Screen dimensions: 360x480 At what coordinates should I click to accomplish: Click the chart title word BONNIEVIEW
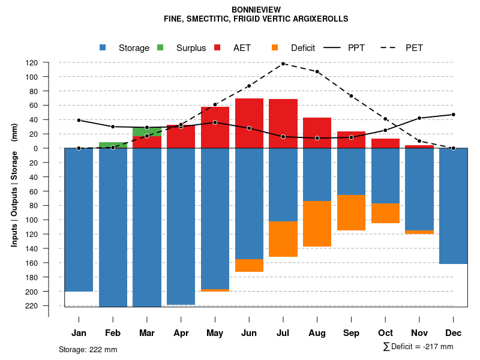[256, 10]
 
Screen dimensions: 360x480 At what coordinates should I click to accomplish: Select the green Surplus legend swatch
[160, 48]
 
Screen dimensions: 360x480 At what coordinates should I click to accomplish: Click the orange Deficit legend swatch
[275, 48]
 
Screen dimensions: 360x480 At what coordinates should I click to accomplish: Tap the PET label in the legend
[414, 48]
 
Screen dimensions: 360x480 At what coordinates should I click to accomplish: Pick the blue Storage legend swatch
[103, 48]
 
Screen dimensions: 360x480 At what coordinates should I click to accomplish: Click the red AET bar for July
[283, 123]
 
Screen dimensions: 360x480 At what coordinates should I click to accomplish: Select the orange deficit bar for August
[317, 224]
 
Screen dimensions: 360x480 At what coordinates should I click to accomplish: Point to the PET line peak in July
[283, 63]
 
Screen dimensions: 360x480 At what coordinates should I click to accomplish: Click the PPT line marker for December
[453, 115]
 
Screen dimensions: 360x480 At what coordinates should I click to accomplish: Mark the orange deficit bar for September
[352, 213]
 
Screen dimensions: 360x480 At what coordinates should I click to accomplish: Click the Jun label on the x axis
[249, 333]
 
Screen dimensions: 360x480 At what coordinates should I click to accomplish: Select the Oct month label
[385, 333]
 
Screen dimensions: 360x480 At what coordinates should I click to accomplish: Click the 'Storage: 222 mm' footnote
[88, 349]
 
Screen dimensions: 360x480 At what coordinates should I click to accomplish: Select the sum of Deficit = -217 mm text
[418, 347]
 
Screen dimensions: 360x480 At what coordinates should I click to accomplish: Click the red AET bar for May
[215, 127]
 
